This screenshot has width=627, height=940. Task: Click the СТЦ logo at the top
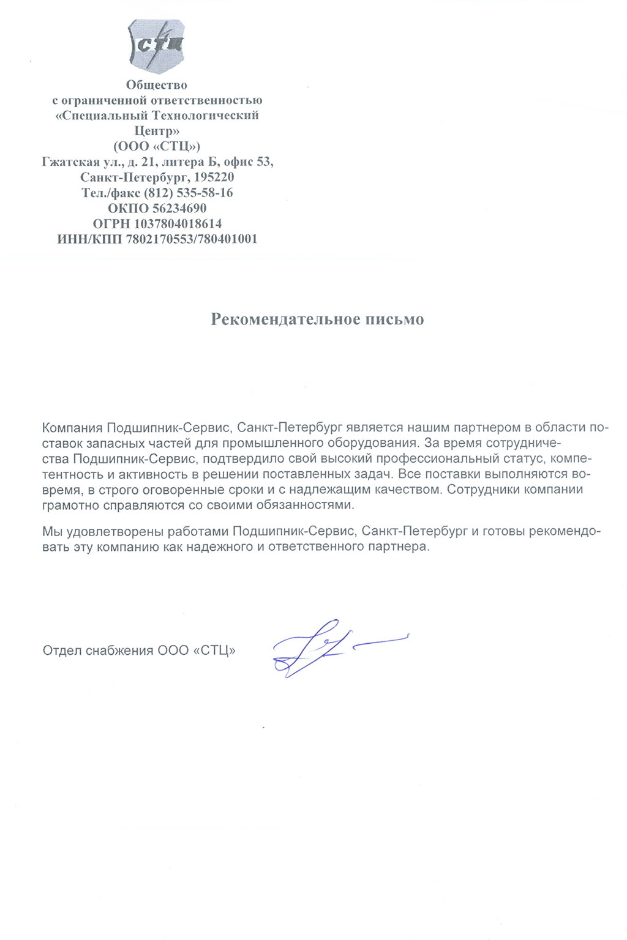coord(156,45)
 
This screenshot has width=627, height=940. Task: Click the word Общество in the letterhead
coord(157,85)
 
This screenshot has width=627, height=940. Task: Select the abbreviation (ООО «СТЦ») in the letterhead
coord(157,146)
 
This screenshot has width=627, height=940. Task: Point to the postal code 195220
coord(214,177)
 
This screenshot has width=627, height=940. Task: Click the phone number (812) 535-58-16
coord(189,193)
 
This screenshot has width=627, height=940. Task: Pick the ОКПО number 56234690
coord(179,208)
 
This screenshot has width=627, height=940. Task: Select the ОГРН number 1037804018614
coord(178,224)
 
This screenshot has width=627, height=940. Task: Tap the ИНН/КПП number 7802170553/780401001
coord(192,239)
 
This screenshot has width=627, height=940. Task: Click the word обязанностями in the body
coord(304,505)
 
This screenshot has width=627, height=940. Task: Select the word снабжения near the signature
coord(120,651)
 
